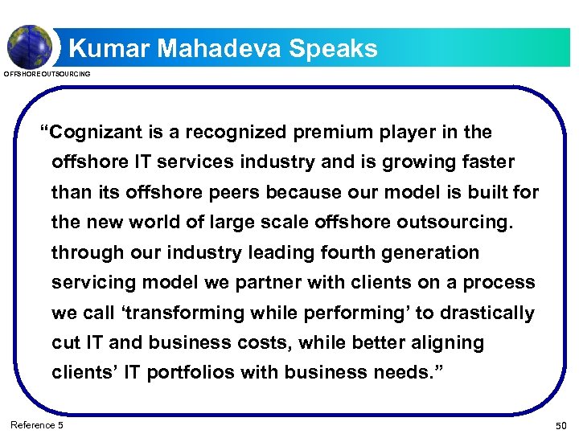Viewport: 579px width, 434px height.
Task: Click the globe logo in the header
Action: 30,46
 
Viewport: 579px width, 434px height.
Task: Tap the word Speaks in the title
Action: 333,49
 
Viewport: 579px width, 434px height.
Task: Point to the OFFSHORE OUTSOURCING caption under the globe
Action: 47,74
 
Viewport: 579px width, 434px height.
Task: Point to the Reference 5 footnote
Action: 36,424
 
